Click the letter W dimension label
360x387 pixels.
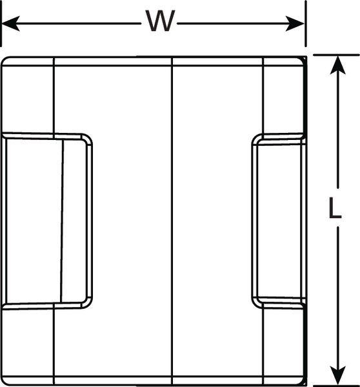point(160,21)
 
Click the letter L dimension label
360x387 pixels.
point(335,208)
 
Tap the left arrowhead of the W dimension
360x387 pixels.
point(10,24)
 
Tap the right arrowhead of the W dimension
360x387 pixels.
point(295,24)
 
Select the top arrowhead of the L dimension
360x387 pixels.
point(338,65)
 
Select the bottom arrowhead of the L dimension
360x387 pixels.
point(338,375)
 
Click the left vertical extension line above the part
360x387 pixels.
point(1,23)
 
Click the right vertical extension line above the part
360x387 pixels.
point(306,23)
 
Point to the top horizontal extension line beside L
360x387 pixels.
point(336,55)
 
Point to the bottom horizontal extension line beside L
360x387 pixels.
point(336,386)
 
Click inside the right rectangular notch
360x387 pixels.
point(279,221)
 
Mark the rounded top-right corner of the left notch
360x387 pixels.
point(88,138)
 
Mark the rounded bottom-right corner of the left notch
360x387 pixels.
point(88,304)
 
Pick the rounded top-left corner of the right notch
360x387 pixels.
point(255,138)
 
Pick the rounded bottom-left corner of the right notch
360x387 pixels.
point(255,304)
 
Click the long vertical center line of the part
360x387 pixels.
point(172,221)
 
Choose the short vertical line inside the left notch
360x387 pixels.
point(62,221)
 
